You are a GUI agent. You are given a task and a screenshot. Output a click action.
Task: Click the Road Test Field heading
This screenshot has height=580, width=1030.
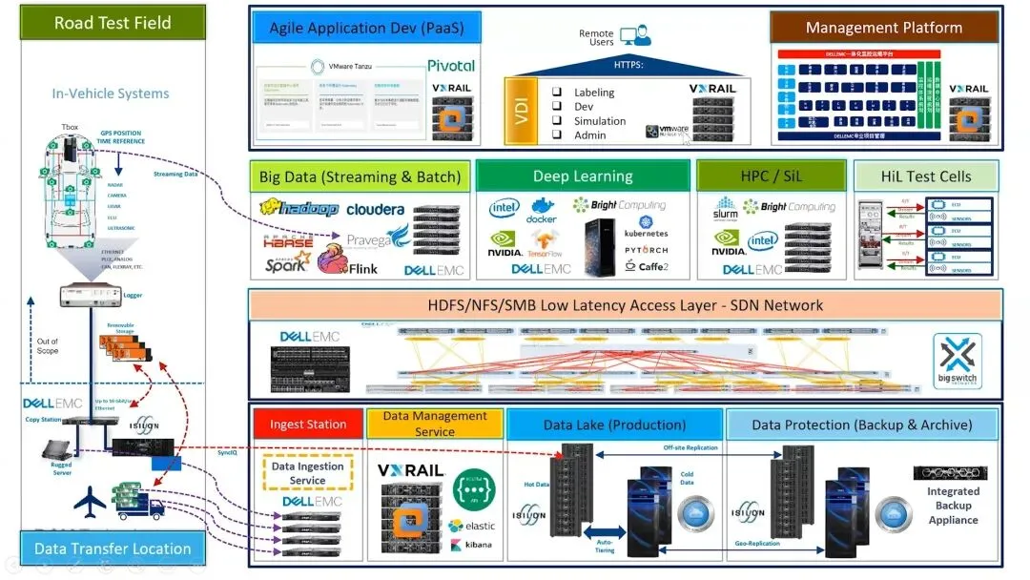113,23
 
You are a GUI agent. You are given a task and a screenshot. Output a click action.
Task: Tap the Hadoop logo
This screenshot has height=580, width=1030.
299,208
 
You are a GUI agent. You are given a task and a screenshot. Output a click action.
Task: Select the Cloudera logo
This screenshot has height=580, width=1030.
375,209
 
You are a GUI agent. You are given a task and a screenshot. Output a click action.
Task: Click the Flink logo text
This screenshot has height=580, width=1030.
362,269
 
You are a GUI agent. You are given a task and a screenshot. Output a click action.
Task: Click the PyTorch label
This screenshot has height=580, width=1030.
646,251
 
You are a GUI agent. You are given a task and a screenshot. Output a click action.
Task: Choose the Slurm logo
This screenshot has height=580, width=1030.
725,209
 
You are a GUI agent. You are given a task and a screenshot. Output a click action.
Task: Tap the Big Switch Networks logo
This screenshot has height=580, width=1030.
957,362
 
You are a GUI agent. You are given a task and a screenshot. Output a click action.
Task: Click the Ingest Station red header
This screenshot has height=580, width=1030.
307,425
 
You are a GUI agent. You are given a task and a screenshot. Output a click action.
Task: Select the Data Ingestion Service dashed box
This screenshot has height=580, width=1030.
307,473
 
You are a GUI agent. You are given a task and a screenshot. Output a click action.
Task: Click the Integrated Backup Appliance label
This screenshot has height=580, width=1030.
953,506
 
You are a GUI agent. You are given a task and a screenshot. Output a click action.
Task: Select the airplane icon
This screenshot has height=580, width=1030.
91,500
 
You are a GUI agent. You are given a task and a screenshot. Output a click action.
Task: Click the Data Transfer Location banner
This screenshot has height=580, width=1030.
113,549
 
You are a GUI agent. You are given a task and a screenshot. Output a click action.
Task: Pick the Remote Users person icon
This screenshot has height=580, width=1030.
629,36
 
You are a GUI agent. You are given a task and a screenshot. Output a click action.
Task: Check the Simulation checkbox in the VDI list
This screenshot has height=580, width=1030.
557,121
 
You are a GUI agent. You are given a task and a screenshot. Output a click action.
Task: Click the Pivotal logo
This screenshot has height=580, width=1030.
450,66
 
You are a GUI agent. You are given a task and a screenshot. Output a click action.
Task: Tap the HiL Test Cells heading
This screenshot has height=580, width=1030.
927,176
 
